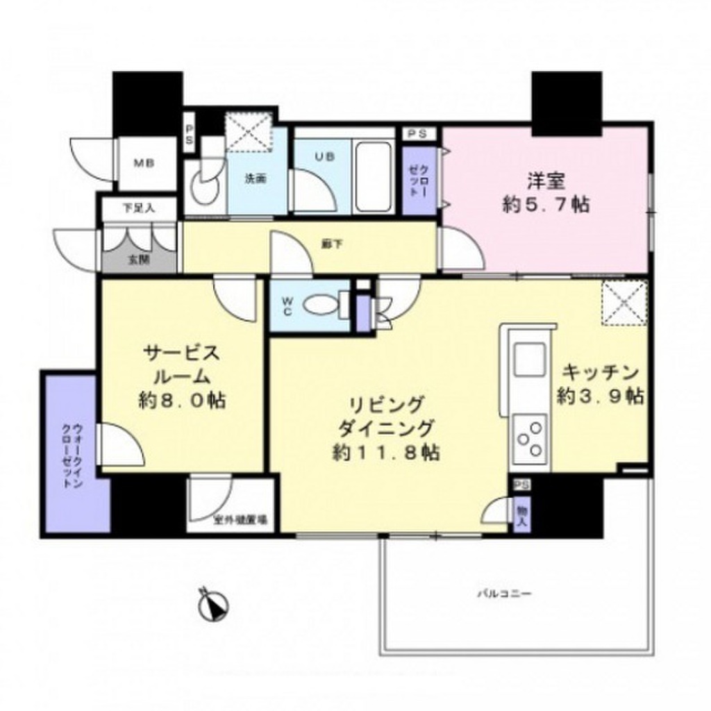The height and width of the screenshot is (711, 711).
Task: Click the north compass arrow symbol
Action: (x=212, y=605)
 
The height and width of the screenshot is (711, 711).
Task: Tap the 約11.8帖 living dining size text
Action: (x=384, y=453)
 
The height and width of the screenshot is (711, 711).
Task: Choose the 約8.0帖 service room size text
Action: (x=181, y=401)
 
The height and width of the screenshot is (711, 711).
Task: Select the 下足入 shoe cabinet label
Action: (x=139, y=207)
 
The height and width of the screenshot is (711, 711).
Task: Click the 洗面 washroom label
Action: (x=255, y=178)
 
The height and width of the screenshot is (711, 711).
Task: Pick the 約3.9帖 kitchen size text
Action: (x=601, y=396)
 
